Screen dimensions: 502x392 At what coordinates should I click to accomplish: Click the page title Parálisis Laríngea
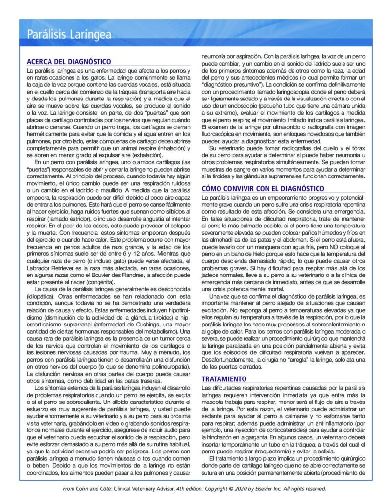pos(69,34)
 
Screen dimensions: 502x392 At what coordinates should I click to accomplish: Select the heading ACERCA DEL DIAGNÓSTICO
pos(69,61)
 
